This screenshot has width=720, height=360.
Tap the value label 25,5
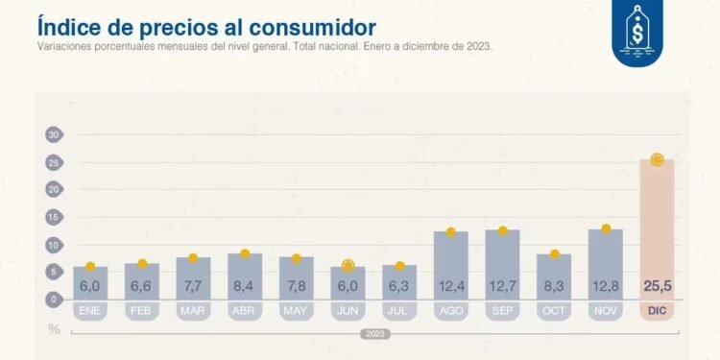[x=658, y=286]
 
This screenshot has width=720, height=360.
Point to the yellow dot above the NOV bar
[x=606, y=228]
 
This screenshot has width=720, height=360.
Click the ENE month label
[x=90, y=311]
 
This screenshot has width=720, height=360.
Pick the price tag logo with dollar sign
[x=638, y=34]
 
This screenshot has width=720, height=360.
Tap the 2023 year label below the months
[x=373, y=334]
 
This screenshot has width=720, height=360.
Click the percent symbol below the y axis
[x=55, y=329]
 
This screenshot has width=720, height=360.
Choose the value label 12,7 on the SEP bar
[x=503, y=286]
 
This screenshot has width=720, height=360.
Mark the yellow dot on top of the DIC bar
[x=658, y=159]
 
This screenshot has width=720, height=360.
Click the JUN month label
[x=348, y=311]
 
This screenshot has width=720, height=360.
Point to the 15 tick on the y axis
[x=54, y=218]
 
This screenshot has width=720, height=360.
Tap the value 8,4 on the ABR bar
[x=245, y=286]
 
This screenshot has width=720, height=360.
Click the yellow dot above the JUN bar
[x=348, y=265]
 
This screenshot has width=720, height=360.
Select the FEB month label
[x=142, y=311]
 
